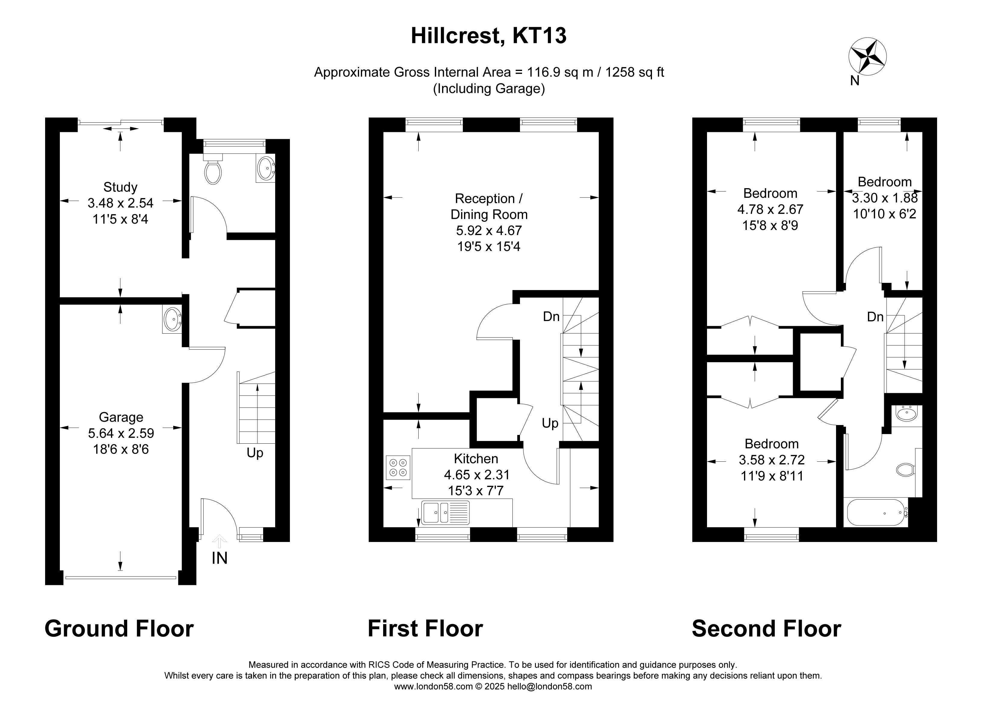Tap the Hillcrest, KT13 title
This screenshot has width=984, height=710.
click(488, 35)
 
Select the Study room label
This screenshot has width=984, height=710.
click(120, 187)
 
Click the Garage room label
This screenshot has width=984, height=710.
click(121, 417)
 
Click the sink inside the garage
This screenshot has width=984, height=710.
click(173, 320)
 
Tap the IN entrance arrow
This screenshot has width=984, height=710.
click(220, 542)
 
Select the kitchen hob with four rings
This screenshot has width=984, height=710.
click(398, 467)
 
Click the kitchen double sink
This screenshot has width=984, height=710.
click(445, 512)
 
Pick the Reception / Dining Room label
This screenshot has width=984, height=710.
click(489, 207)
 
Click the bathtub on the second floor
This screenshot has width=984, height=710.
click(876, 513)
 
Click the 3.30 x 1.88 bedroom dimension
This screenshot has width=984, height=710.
click(885, 198)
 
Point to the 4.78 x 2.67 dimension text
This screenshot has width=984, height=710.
click(770, 210)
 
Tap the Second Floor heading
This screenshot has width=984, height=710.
click(766, 629)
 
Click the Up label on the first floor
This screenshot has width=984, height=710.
click(550, 423)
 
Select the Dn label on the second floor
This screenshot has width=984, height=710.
click(875, 317)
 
